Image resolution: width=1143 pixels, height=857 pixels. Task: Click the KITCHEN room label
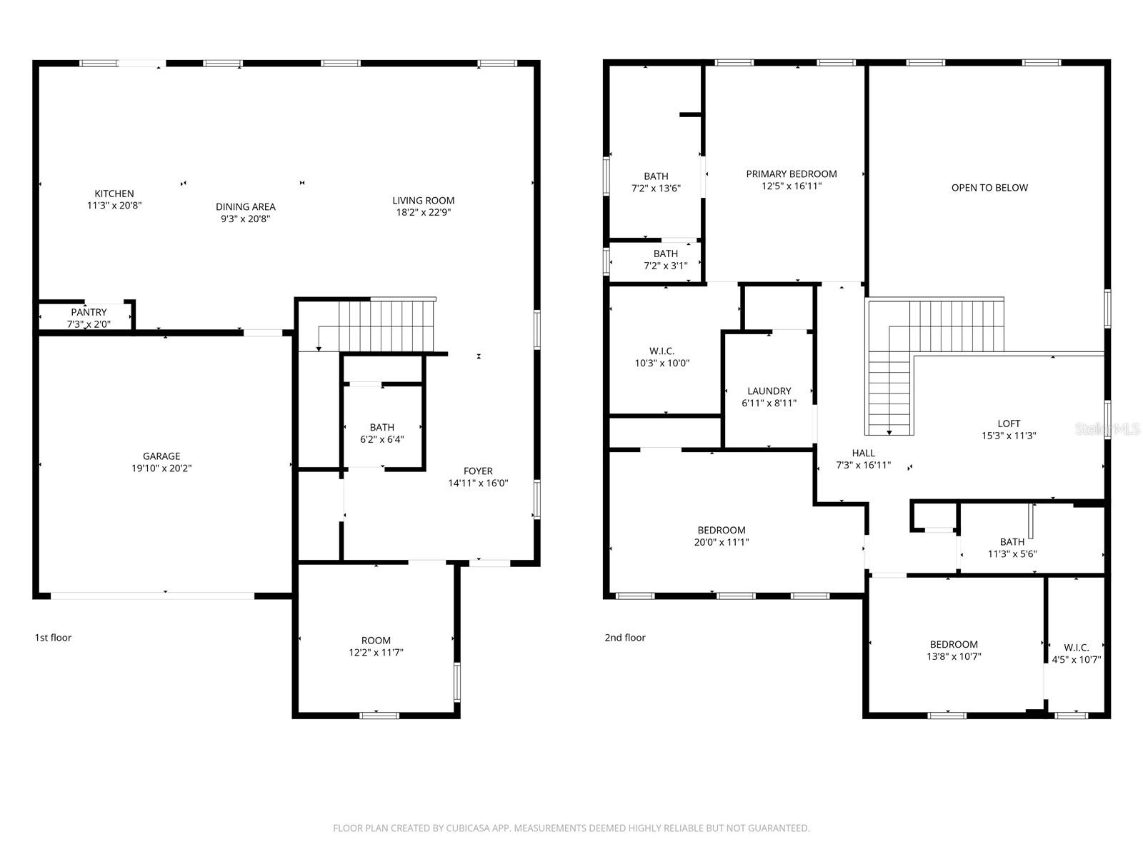(x=114, y=194)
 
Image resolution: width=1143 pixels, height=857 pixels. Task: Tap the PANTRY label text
(x=89, y=312)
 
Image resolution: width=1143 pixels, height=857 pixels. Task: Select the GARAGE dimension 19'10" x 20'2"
(x=161, y=468)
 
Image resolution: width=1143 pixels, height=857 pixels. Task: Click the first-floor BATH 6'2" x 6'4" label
(x=382, y=433)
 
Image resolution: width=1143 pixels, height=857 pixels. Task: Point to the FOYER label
(x=478, y=471)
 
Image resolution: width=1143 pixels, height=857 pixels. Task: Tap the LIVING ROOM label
(x=424, y=201)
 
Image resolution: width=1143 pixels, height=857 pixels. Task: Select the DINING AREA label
(x=246, y=207)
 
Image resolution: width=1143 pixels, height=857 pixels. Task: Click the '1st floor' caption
(x=53, y=638)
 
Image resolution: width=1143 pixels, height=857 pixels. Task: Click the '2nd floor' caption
(x=625, y=638)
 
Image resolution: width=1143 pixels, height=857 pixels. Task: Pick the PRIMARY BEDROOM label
(x=792, y=174)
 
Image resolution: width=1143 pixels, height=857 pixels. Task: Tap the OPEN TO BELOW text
(x=989, y=188)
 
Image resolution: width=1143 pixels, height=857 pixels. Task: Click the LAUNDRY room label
(x=769, y=391)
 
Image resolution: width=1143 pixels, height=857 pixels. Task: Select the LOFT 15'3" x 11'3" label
(x=1009, y=429)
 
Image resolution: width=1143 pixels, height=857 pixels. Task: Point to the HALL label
(x=863, y=453)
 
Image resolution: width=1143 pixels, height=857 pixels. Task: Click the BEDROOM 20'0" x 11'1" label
(x=722, y=536)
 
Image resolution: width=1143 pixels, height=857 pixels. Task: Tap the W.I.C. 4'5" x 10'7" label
(x=1076, y=653)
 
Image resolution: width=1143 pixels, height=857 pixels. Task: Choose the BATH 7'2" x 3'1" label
(x=665, y=259)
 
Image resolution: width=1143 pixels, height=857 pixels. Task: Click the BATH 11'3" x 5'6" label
(x=1012, y=548)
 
